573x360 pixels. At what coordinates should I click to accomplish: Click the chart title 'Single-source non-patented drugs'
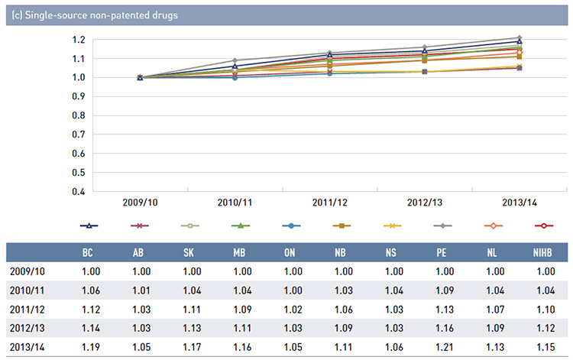(x=95, y=15)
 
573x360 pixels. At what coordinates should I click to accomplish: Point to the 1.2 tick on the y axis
(x=78, y=40)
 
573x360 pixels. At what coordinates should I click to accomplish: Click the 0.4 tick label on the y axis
(x=78, y=191)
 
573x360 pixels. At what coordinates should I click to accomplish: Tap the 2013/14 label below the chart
(x=519, y=204)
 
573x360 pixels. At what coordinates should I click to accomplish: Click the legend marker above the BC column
(x=89, y=226)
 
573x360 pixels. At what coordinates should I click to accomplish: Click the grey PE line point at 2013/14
(x=519, y=37)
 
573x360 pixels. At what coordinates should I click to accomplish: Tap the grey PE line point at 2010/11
(x=235, y=60)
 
